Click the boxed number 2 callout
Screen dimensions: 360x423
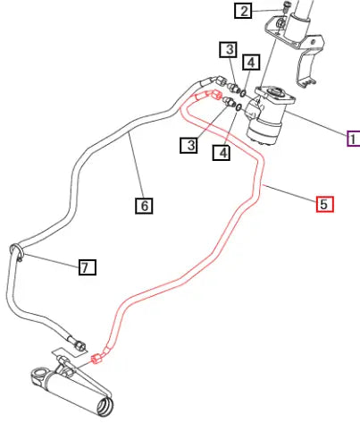point(243,11)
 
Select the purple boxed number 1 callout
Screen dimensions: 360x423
point(354,139)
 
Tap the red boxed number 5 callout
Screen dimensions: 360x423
point(324,205)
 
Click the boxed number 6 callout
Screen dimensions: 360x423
point(144,206)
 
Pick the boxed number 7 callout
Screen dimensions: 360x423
point(88,267)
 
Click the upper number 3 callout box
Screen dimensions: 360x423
point(229,49)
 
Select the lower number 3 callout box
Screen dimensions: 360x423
point(188,145)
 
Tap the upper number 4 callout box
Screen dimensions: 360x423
point(251,63)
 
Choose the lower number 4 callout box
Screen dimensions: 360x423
point(222,153)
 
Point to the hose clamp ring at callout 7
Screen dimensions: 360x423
point(17,252)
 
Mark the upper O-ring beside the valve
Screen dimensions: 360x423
point(243,93)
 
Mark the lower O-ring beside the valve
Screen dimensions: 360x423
point(239,106)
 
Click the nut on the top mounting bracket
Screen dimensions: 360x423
point(280,22)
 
